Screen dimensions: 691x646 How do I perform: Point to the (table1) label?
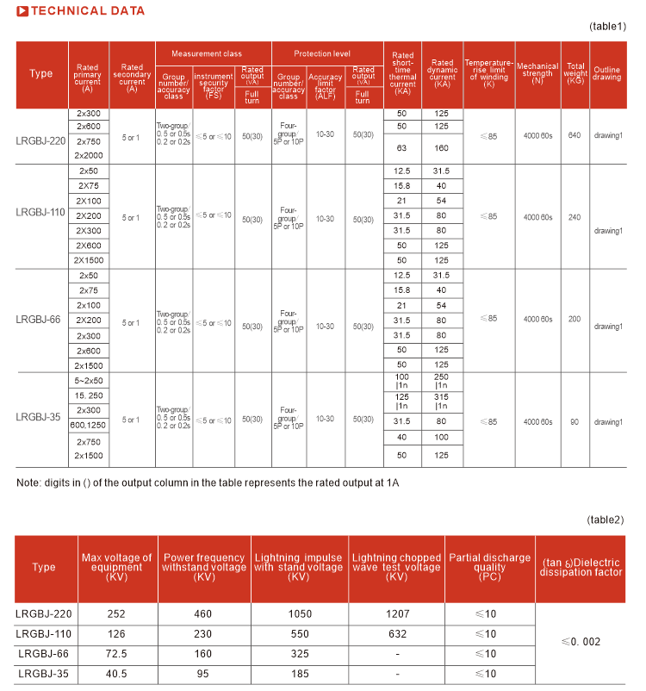[x=607, y=27]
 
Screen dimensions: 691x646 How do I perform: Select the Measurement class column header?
[x=213, y=53]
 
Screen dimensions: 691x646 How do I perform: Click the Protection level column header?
[x=327, y=53]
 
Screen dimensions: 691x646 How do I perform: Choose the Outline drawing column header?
[x=607, y=73]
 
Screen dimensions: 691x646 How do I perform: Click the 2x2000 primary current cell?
[x=89, y=155]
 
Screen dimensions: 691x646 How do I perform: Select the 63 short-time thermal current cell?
[x=401, y=147]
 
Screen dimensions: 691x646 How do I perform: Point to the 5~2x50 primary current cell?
[x=89, y=380]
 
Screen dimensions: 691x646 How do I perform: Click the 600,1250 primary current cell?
[x=89, y=425]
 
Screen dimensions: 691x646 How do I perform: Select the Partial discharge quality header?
[x=490, y=567]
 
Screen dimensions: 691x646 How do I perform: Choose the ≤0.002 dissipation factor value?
[x=581, y=642]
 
